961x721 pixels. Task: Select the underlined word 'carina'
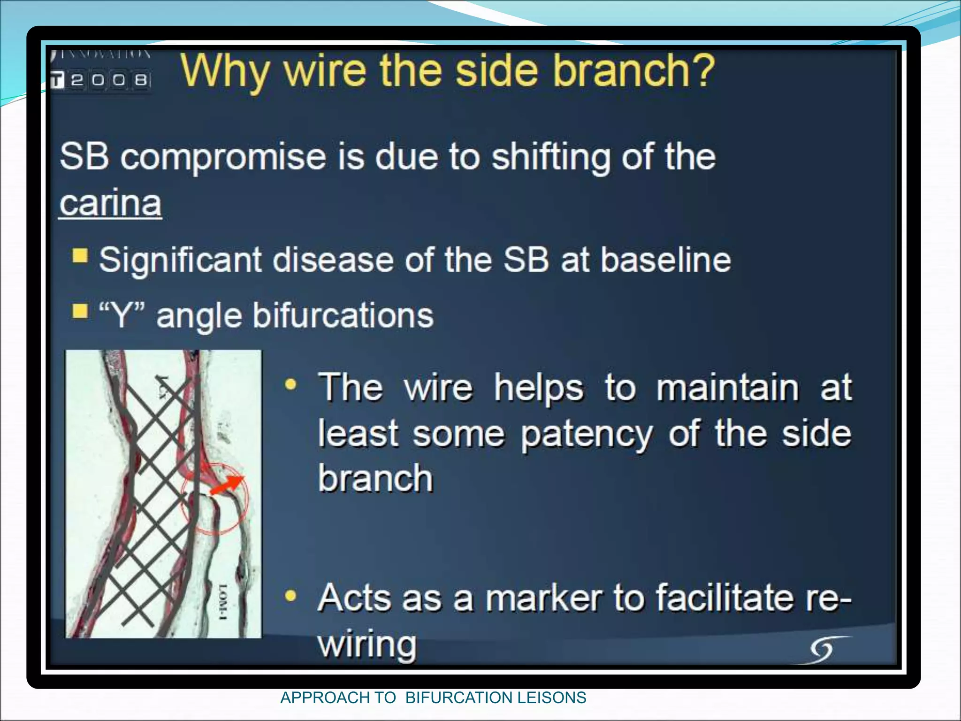pos(111,203)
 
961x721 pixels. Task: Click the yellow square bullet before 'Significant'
pos(80,256)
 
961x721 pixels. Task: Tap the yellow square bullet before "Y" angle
pos(80,311)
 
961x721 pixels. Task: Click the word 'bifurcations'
pos(343,315)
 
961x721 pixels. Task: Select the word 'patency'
pos(587,434)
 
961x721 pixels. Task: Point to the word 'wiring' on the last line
pos(367,644)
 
